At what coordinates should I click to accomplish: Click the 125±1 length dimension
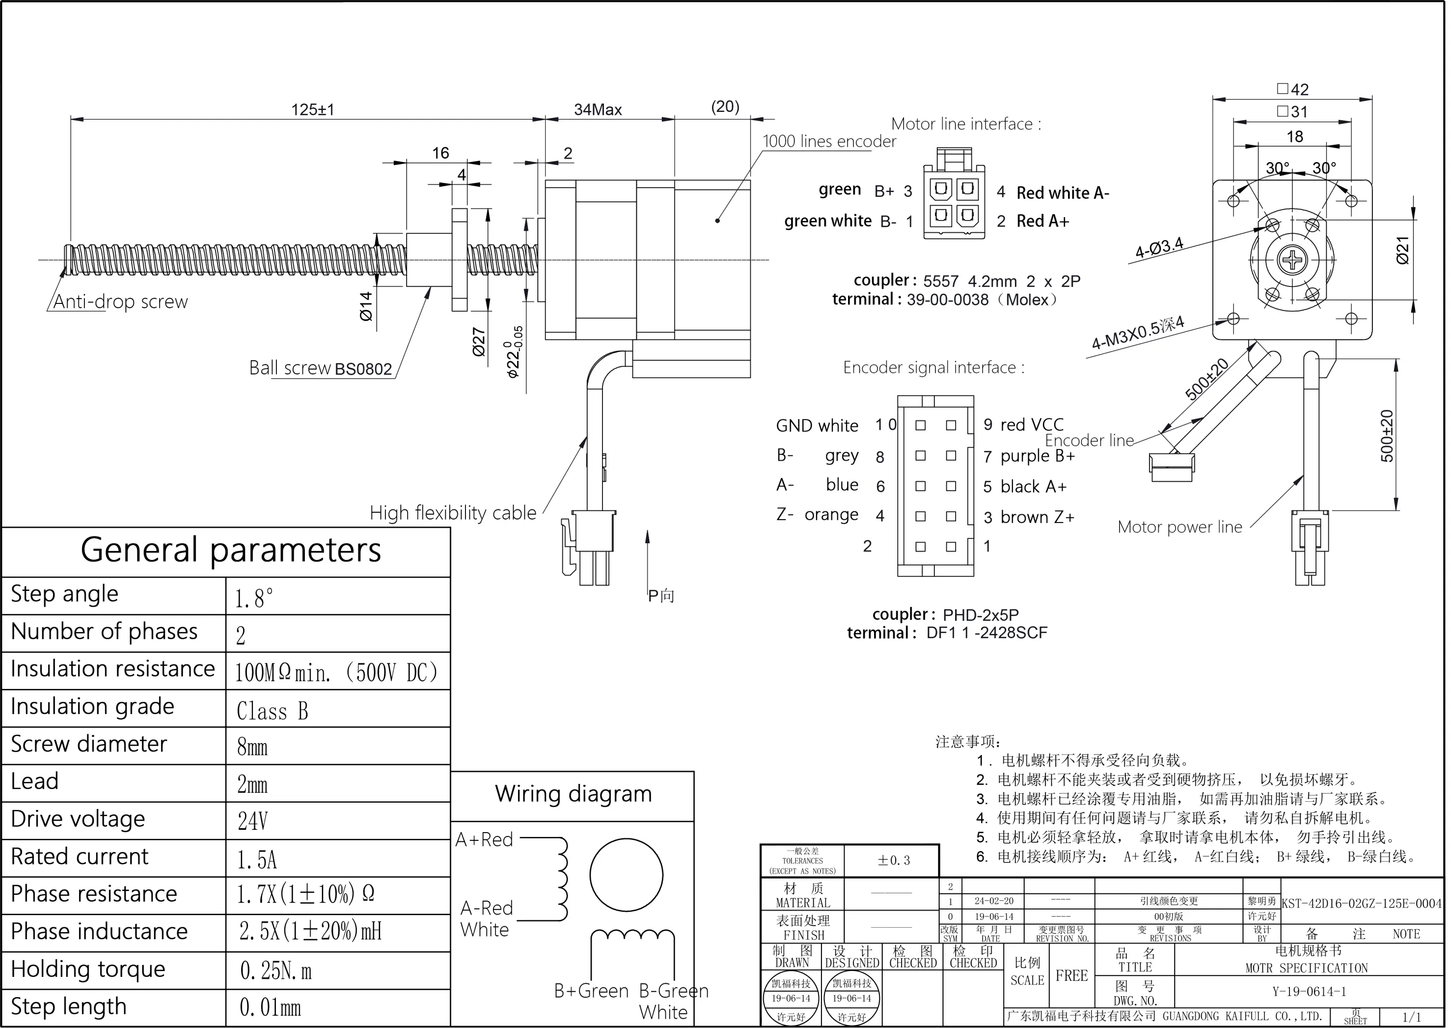pyautogui.click(x=312, y=110)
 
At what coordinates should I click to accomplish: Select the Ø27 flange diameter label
pyautogui.click(x=479, y=342)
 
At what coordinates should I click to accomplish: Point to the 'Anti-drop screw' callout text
pyautogui.click(x=120, y=302)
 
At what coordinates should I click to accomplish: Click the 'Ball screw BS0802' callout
pyautogui.click(x=320, y=369)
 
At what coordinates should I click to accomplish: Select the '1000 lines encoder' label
pyautogui.click(x=829, y=141)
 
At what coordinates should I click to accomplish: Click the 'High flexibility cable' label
pyautogui.click(x=452, y=513)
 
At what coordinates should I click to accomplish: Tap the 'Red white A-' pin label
pyautogui.click(x=1063, y=193)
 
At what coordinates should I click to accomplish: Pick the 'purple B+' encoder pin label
pyautogui.click(x=1037, y=456)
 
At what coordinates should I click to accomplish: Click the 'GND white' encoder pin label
pyautogui.click(x=817, y=426)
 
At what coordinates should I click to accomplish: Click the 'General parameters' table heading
pyautogui.click(x=231, y=549)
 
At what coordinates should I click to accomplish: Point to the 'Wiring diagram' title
pyautogui.click(x=574, y=794)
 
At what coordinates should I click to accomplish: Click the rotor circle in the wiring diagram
pyautogui.click(x=626, y=876)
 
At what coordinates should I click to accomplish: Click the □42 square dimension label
pyautogui.click(x=1292, y=89)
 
